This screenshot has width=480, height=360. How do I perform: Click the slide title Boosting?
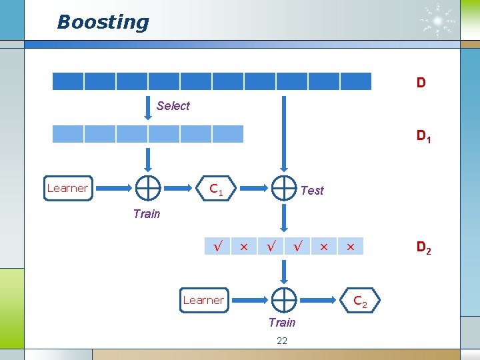click(x=103, y=22)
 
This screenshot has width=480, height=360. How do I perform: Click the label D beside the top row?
click(x=421, y=83)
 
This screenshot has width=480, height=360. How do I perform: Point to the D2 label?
click(x=423, y=248)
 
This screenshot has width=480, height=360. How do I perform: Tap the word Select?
click(x=173, y=105)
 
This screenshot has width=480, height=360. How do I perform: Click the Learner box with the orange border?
click(x=67, y=188)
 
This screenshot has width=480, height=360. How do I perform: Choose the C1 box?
click(x=215, y=189)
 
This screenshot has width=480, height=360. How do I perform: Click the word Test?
click(x=312, y=191)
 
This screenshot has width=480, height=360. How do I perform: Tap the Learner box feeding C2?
click(x=203, y=300)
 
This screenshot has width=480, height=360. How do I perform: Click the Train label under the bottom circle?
click(x=281, y=323)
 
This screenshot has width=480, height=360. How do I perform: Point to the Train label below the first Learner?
click(x=146, y=213)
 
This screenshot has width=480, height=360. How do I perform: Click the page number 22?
click(x=281, y=341)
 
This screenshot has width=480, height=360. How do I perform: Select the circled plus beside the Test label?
click(x=284, y=189)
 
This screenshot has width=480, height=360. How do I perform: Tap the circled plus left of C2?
click(x=284, y=301)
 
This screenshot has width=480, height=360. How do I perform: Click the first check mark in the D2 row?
click(x=217, y=247)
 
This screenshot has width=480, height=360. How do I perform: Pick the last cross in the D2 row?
click(x=349, y=247)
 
